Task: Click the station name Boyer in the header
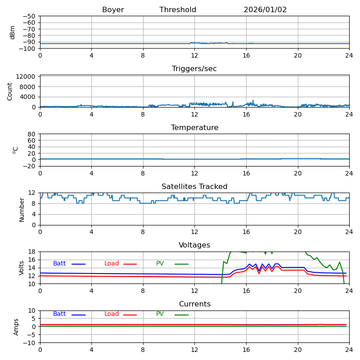pos(113,10)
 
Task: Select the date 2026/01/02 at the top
pos(265,10)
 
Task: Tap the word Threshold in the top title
pos(178,10)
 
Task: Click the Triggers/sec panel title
pos(194,69)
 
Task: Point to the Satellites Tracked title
pos(194,187)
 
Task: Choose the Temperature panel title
pos(194,128)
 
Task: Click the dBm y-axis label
pos(13,32)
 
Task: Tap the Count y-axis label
pos(10,91)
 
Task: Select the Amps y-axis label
pos(16,327)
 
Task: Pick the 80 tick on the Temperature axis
pos(32,134)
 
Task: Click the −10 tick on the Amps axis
pos(30,343)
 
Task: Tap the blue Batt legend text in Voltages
pos(59,264)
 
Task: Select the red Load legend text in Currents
pos(112,314)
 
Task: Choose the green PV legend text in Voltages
pos(160,264)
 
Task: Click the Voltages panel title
pos(194,245)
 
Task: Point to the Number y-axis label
pos(22,209)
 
